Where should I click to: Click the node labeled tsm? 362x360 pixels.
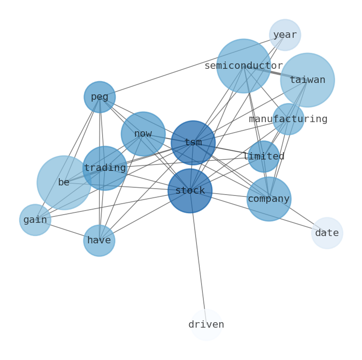[x=193, y=143]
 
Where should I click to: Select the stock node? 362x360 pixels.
[x=190, y=190]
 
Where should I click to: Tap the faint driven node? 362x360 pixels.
[x=206, y=324]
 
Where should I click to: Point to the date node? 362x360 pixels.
[x=327, y=233]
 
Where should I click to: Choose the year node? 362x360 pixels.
[x=285, y=35]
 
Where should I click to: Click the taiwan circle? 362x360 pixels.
[x=307, y=80]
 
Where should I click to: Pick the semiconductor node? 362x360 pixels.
[x=243, y=66]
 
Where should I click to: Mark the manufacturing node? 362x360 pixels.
[x=288, y=119]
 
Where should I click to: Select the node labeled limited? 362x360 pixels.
[x=264, y=156]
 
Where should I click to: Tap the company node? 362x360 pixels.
[x=269, y=199]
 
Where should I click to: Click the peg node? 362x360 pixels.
[x=99, y=97]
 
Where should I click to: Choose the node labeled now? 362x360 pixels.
[x=143, y=134]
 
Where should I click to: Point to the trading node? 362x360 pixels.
[x=105, y=168]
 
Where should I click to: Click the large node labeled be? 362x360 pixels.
[x=64, y=182]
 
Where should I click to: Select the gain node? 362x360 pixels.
[x=35, y=220]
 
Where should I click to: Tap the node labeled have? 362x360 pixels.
[x=99, y=240]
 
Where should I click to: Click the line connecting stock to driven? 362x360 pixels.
[x=198, y=257]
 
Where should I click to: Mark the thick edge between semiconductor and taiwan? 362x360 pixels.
[x=275, y=73]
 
